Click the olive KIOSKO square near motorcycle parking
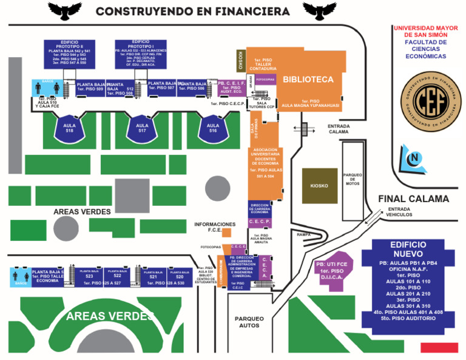point(319,185)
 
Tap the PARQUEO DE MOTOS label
point(353,179)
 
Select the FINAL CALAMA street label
point(413,199)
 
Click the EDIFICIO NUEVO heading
point(408,248)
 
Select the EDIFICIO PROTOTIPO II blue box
point(69,53)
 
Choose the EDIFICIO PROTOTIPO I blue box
point(141,53)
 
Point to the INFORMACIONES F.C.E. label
point(214,226)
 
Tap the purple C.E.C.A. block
point(265,268)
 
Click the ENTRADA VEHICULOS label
point(400,212)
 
